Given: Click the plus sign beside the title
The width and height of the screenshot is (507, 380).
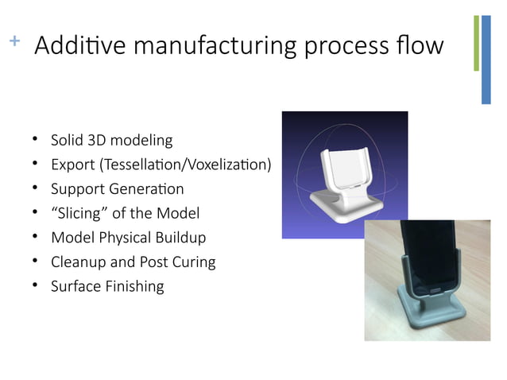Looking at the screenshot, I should [13, 40].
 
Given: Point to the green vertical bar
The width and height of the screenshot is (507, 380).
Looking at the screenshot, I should [476, 43].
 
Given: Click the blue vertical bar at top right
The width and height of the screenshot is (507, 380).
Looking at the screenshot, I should [486, 60].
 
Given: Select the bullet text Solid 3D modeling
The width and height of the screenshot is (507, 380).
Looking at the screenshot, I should [111, 141].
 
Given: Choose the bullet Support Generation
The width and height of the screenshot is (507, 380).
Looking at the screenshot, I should [117, 189].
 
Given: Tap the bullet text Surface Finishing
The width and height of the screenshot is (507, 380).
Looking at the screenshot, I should [107, 286].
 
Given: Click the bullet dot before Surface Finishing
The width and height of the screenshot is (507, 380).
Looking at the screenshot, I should [36, 285].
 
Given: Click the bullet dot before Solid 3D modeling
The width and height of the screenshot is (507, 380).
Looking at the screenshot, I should [36, 140].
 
